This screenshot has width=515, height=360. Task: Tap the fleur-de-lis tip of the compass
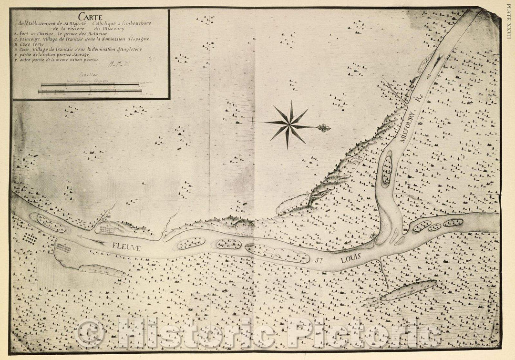click(325, 127)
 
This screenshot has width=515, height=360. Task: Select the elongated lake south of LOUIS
click(409, 290)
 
